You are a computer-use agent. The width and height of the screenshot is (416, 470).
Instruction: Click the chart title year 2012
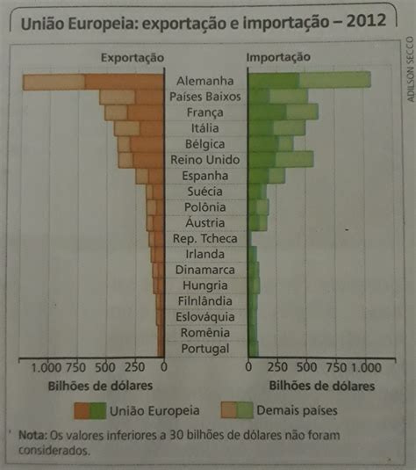point(366,21)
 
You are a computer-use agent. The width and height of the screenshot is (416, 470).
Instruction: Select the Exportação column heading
point(133,58)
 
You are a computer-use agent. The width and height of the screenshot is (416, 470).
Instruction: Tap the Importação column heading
point(278,57)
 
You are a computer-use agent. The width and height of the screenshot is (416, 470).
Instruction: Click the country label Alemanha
point(204,81)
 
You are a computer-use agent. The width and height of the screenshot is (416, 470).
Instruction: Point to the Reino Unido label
point(204,160)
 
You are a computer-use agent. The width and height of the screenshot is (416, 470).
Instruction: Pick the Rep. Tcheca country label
point(204,239)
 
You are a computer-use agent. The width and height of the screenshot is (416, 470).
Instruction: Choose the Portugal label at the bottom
point(205,349)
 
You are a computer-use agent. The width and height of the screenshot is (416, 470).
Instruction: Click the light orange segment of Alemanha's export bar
point(54,83)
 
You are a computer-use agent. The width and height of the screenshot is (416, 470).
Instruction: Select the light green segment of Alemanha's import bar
point(335,80)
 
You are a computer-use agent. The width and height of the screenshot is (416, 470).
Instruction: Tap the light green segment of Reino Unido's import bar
point(294,159)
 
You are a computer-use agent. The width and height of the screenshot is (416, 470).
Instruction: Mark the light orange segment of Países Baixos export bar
point(118,98)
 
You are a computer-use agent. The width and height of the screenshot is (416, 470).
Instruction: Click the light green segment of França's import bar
point(302,112)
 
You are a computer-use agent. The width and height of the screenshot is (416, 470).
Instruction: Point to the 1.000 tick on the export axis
point(47,367)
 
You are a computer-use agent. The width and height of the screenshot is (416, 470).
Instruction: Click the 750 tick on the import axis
point(336,367)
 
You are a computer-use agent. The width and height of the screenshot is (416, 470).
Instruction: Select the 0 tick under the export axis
point(163,367)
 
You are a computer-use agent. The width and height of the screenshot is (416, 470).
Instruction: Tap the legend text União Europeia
point(154,410)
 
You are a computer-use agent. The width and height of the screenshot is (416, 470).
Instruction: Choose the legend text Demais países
point(297,410)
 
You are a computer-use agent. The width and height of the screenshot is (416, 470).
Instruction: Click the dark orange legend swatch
point(82,410)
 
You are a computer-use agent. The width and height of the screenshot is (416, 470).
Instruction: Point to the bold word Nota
point(32,435)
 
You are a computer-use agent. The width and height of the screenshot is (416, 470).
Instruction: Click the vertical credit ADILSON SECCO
point(411,69)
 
